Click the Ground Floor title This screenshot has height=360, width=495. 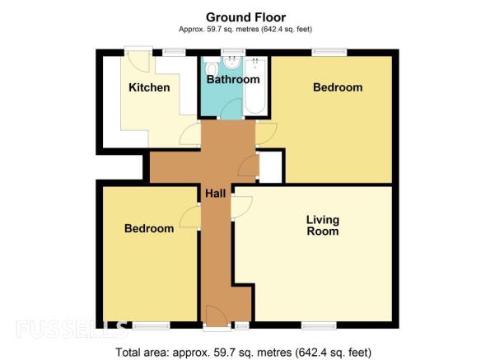click(246, 17)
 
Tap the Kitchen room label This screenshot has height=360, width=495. click(149, 87)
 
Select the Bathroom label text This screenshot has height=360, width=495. click(233, 79)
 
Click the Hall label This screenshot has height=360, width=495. click(216, 194)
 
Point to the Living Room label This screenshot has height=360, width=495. click(323, 226)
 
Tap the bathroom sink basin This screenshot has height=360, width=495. click(232, 63)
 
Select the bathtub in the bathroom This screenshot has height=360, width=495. click(255, 86)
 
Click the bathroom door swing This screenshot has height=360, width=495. click(231, 108)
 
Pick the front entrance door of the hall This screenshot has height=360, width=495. click(217, 316)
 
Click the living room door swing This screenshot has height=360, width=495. click(242, 207)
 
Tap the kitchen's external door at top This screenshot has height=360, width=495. click(138, 60)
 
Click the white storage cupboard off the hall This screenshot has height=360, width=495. click(270, 166)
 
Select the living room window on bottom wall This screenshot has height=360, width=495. click(319, 325)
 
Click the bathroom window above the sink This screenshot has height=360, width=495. click(233, 52)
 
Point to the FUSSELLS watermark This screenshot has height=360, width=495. click(72, 329)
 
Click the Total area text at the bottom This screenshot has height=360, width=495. click(244, 352)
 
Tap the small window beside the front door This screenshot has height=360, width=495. click(242, 325)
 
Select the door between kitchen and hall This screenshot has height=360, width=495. click(190, 134)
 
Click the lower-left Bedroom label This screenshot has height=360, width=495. click(149, 228)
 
